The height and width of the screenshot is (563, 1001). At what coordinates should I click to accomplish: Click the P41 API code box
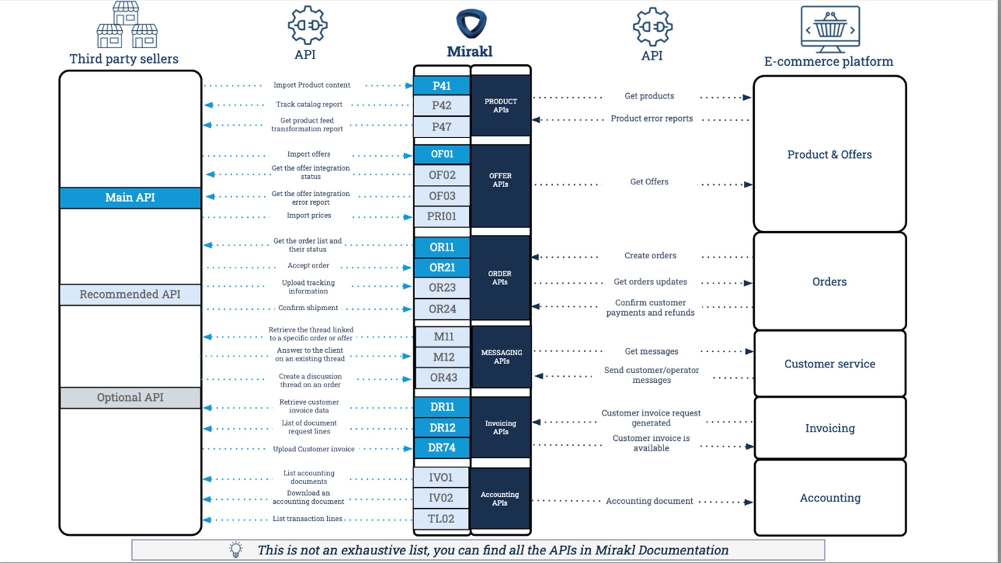coord(441,86)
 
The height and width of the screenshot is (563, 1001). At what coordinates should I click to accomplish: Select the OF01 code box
coord(441,154)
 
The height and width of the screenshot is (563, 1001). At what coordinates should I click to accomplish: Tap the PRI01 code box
coord(441,216)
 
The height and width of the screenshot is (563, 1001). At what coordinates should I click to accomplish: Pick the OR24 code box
coord(442,309)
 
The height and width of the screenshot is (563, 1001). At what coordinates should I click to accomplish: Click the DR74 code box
coord(441,447)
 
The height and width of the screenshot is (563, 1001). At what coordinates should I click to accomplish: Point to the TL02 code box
coord(441,518)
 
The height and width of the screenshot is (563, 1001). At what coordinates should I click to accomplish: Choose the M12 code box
coord(443,357)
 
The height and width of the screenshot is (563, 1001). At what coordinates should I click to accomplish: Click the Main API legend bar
coord(130,198)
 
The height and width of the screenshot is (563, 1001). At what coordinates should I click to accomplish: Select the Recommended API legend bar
coord(130,294)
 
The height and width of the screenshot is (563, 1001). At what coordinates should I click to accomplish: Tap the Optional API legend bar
coord(130,397)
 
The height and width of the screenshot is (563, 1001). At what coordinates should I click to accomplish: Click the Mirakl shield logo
coord(471,24)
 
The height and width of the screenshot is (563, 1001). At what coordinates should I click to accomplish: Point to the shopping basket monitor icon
coord(830,29)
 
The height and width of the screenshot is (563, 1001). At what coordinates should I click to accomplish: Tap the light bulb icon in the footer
coord(236,549)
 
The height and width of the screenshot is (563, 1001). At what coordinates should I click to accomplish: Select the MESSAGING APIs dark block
coord(502,357)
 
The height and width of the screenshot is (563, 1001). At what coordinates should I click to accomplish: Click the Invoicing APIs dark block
coord(500,427)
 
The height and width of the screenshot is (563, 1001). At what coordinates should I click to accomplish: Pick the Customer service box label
coord(829,364)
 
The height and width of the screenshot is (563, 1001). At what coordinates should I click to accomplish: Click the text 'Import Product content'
coord(312,85)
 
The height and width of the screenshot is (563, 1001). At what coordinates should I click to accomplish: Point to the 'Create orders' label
coord(650,256)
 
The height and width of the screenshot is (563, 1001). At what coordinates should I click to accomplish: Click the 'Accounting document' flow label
coord(649,501)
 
